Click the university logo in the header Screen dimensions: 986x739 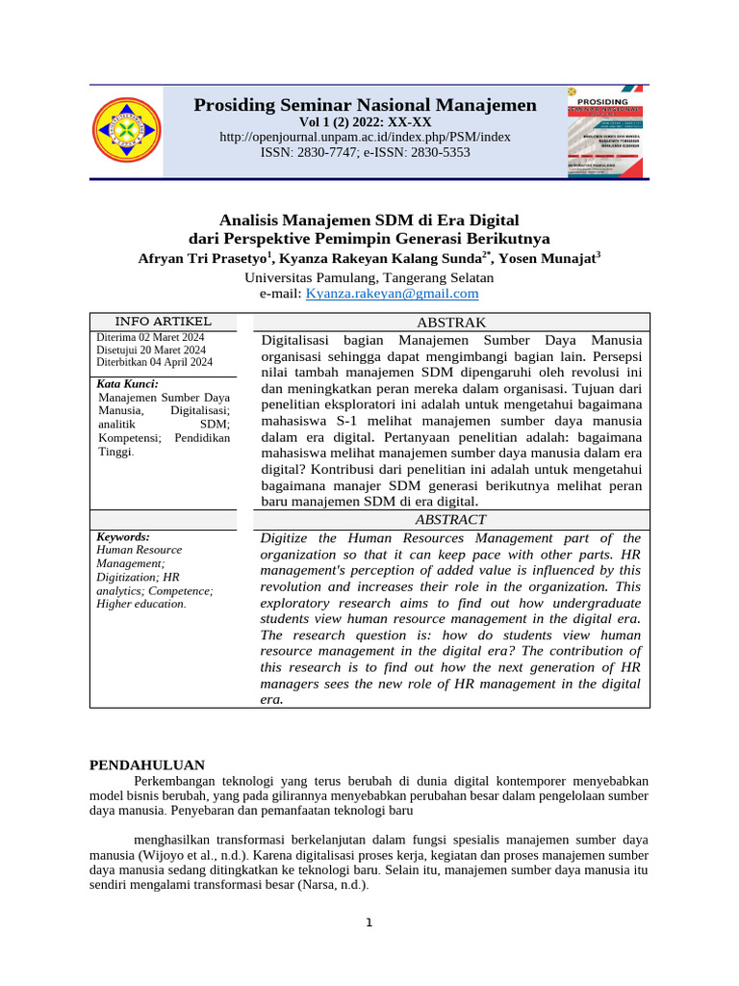[x=127, y=132]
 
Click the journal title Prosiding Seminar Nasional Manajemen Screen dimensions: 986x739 [x=365, y=105]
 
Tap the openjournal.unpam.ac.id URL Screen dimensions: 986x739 [x=365, y=137]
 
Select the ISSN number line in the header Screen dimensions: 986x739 [x=365, y=152]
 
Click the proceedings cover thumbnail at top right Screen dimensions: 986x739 [x=607, y=131]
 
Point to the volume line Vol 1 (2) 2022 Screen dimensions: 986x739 [x=365, y=122]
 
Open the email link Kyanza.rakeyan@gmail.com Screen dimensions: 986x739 [x=392, y=294]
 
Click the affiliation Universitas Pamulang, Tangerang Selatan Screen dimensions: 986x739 [x=369, y=276]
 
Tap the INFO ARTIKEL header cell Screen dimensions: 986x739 [x=163, y=322]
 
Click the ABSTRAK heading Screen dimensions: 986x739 [x=450, y=323]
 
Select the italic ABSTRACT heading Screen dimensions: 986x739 [x=450, y=520]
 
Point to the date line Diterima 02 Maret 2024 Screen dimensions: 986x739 [x=150, y=337]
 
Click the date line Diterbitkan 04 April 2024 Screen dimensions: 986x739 [x=155, y=362]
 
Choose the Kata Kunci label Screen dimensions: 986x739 [x=128, y=383]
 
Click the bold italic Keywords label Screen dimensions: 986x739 [x=123, y=536]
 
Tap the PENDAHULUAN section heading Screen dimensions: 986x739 [x=147, y=765]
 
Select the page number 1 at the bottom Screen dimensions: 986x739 [x=368, y=923]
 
